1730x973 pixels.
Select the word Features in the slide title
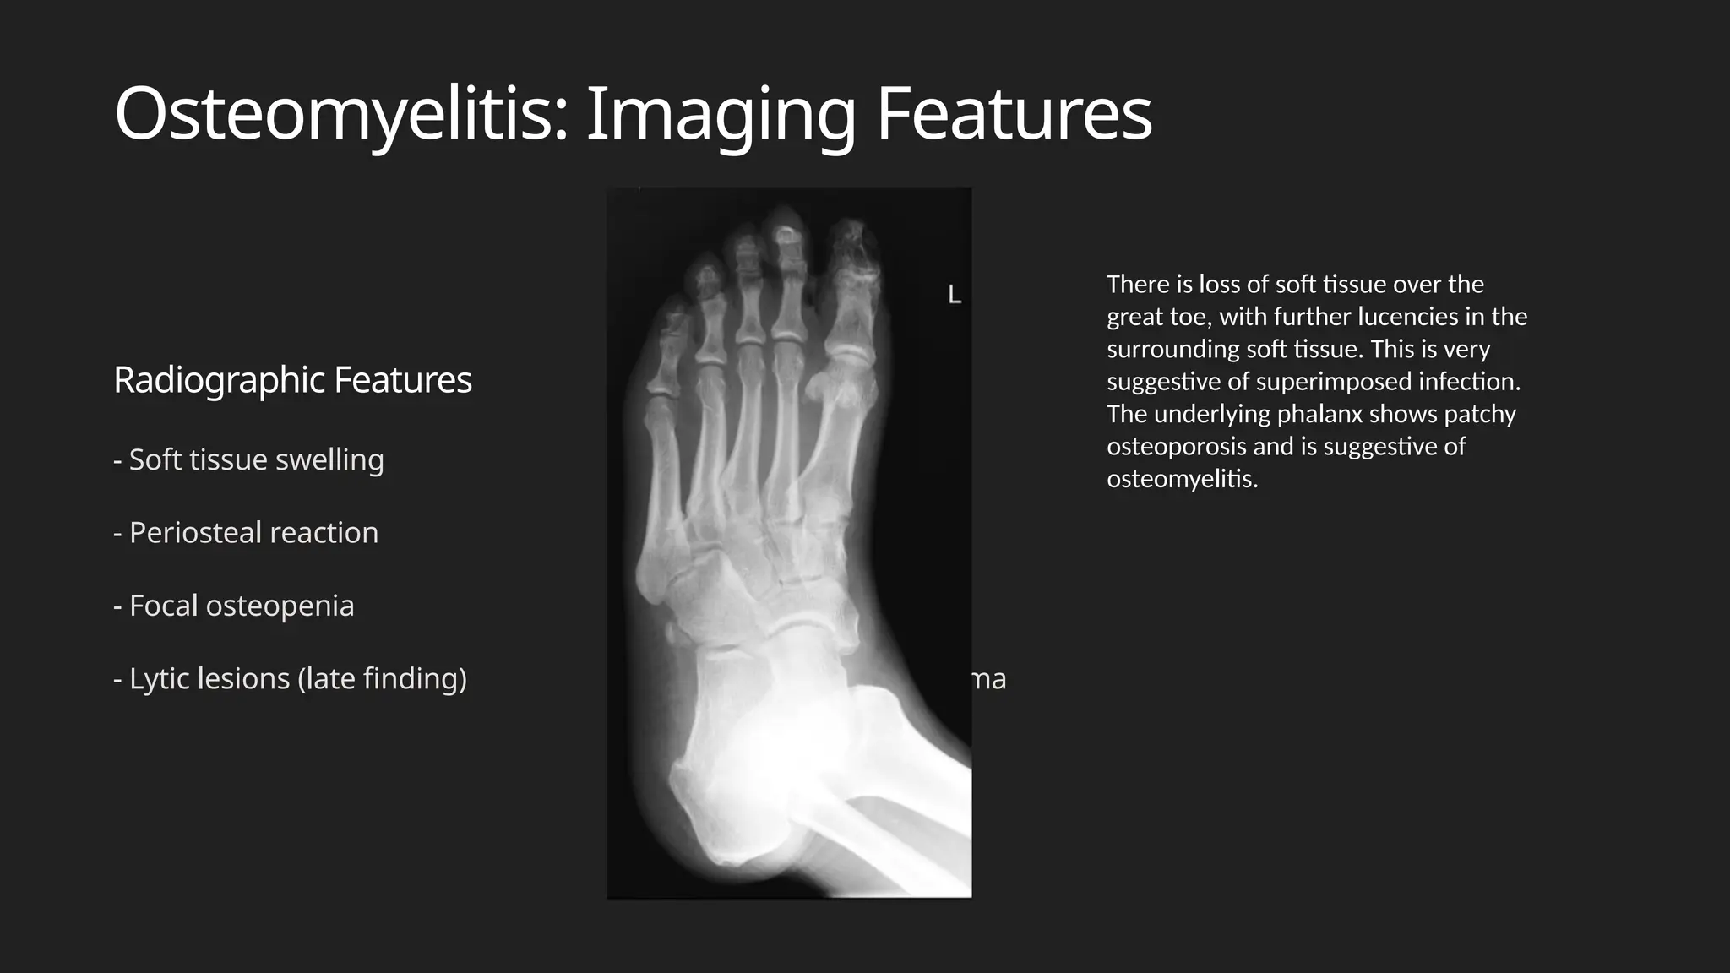coord(1014,113)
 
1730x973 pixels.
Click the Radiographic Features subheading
coord(292,380)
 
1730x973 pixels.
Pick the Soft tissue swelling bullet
coord(248,459)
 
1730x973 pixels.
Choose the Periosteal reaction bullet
coord(246,533)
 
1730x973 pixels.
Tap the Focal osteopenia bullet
coord(234,606)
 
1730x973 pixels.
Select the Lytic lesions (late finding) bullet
coord(290,678)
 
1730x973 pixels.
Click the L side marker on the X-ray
coord(955,295)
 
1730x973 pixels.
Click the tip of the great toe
coord(853,232)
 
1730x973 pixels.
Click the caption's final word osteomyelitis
coord(1182,479)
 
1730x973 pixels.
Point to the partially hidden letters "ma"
coord(989,679)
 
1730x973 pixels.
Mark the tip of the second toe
coord(786,216)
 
